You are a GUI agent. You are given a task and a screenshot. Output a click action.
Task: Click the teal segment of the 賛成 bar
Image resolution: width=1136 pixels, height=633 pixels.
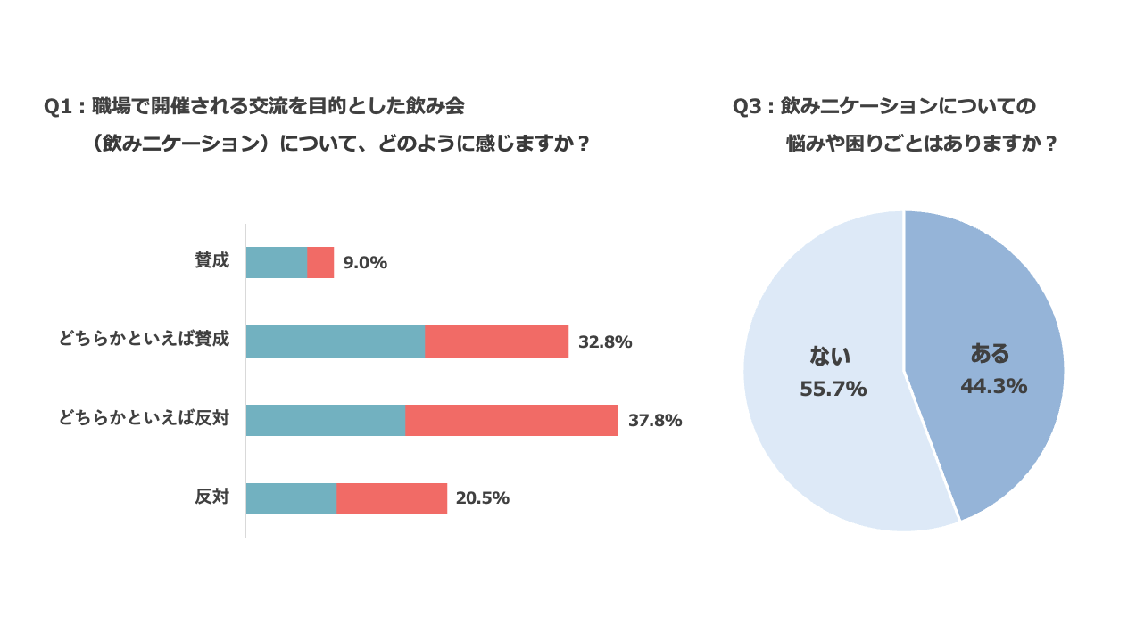coord(276,262)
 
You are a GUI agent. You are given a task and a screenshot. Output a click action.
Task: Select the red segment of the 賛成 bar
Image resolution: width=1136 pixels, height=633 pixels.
coord(320,262)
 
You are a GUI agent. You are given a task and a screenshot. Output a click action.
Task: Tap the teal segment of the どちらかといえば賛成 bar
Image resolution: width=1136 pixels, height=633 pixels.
coord(335,341)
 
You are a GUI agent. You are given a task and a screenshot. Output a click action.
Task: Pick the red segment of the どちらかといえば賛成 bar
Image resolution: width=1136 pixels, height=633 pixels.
coord(496,341)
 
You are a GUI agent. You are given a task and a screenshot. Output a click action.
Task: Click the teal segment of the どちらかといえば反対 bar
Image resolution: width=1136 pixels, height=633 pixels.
coord(325,420)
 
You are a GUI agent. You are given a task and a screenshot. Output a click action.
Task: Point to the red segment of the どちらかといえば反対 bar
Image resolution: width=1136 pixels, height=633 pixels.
coord(511,420)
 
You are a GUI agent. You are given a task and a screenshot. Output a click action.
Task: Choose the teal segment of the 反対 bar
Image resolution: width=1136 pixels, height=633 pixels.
coord(291,498)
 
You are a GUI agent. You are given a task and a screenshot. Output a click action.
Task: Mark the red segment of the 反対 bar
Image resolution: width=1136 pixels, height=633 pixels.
coord(392,498)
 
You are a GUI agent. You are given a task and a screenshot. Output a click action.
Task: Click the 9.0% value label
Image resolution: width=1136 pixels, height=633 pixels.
coord(365,263)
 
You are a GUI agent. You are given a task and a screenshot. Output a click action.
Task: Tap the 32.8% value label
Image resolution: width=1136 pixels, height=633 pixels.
coord(605,341)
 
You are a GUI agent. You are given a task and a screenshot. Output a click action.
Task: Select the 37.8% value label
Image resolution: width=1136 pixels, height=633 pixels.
coord(655,420)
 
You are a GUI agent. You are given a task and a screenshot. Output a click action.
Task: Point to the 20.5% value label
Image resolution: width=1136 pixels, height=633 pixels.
coord(483,498)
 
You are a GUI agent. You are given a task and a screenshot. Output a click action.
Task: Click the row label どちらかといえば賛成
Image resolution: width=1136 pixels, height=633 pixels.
coord(144,339)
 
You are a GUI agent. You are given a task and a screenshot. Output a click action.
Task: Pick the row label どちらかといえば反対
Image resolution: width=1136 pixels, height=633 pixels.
coord(144,417)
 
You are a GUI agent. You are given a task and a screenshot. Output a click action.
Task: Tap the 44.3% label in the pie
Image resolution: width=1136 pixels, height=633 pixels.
coord(993,387)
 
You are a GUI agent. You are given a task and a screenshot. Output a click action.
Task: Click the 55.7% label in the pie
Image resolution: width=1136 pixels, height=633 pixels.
coord(833,389)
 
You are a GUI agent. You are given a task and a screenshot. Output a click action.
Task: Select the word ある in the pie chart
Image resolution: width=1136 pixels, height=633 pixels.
coord(990,354)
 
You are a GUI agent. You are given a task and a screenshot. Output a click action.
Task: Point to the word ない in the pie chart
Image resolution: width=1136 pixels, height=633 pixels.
coord(830,357)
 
